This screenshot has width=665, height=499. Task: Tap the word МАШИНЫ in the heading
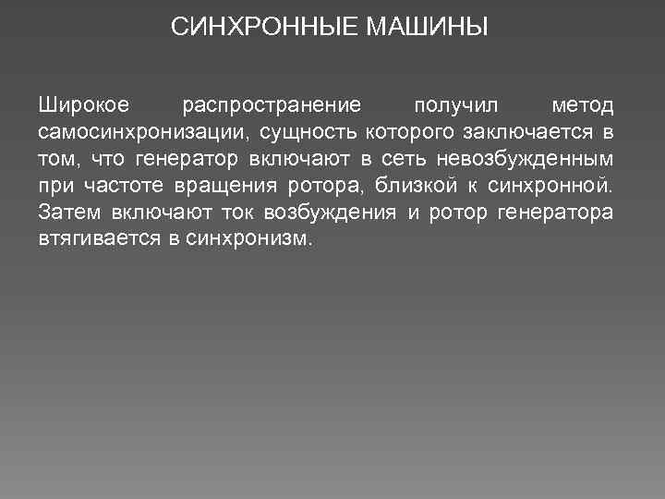click(x=428, y=28)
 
